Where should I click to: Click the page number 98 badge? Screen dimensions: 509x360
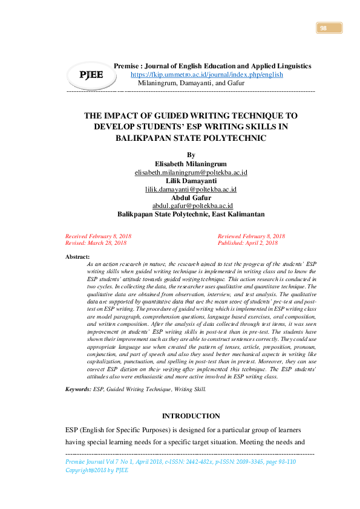pos(329,28)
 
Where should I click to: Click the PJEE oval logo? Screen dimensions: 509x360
pos(88,74)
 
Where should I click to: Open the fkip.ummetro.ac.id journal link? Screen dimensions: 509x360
pos(207,74)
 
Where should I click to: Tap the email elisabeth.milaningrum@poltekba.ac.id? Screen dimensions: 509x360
pos(191,172)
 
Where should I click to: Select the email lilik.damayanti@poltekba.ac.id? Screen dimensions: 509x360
pos(191,189)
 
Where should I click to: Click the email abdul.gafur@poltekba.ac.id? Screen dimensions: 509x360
pos(191,206)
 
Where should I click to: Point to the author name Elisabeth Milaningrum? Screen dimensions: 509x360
pos(191,164)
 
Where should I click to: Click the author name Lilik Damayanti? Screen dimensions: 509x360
pos(191,181)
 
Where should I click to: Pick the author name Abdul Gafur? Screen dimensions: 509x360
pos(191,197)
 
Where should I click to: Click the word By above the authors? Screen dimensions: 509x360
pos(191,155)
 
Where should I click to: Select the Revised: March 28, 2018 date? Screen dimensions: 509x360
pos(96,242)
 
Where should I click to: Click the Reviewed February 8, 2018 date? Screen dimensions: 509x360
pos(251,236)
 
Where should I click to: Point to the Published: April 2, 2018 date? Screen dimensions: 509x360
pos(247,242)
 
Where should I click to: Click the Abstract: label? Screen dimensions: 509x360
pos(77,257)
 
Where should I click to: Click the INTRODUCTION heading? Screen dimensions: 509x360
pos(191,416)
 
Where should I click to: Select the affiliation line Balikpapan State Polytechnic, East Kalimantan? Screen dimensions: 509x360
pos(191,214)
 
